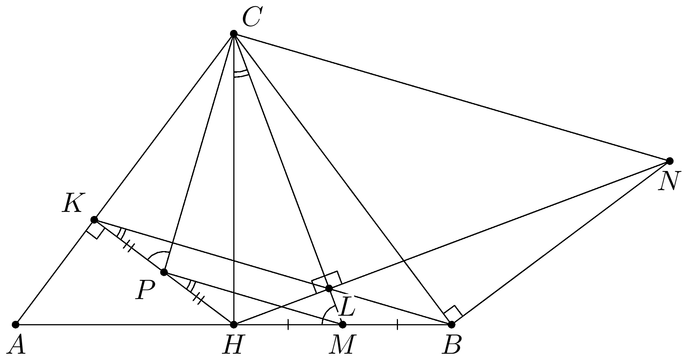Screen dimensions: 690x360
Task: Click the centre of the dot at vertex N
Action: coord(670,161)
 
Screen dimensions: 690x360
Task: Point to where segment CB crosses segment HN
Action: coord(404,261)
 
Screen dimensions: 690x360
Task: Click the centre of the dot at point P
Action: coord(164,272)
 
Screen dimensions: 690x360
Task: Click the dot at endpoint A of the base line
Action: coord(16,325)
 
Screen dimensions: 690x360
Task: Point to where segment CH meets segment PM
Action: coord(234,293)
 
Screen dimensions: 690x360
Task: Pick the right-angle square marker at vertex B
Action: coord(453,313)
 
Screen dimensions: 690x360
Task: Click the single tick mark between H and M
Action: coord(288,325)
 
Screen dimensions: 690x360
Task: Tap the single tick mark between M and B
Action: coord(397,325)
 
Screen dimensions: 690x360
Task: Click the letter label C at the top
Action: coord(252,18)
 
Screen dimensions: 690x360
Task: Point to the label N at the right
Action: coord(668,182)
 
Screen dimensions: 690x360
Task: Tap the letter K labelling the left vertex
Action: coord(72,203)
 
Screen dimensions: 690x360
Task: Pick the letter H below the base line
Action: coord(233,345)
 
